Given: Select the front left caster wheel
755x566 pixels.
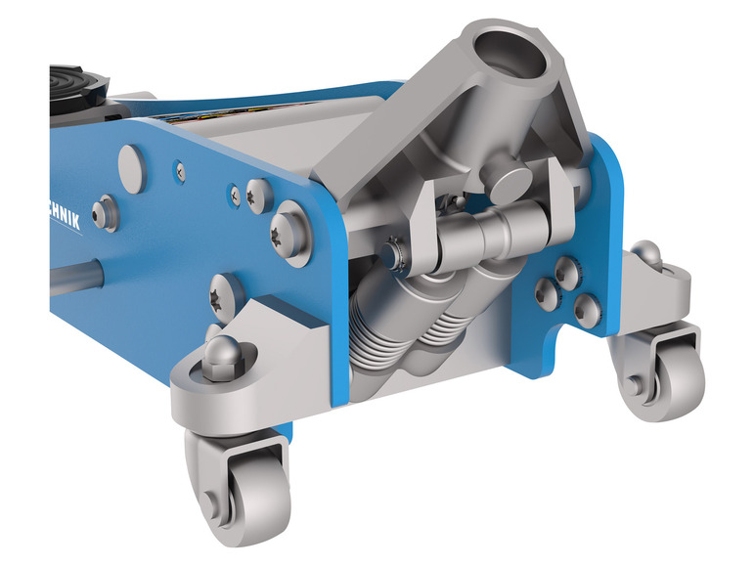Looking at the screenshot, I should (x=241, y=479).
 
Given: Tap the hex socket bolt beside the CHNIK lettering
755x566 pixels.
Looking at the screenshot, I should (x=106, y=213).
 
